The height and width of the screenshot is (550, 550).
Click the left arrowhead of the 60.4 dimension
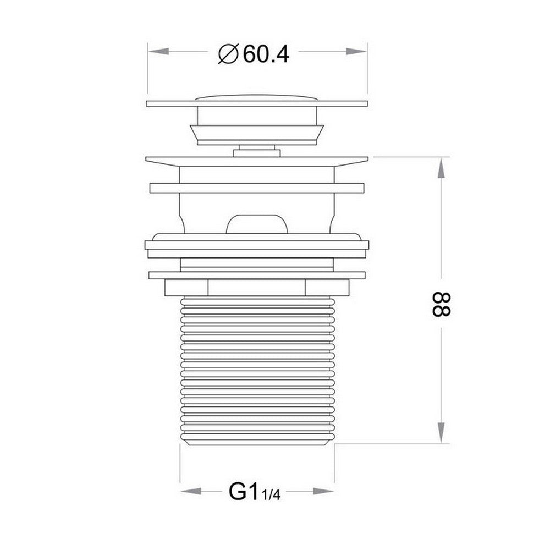click(x=157, y=51)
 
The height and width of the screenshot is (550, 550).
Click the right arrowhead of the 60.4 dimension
click(x=358, y=51)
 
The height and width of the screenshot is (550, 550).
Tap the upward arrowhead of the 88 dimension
click(x=441, y=168)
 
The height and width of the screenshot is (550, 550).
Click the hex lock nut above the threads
click(x=256, y=288)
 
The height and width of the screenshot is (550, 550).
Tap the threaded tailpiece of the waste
click(x=256, y=363)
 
